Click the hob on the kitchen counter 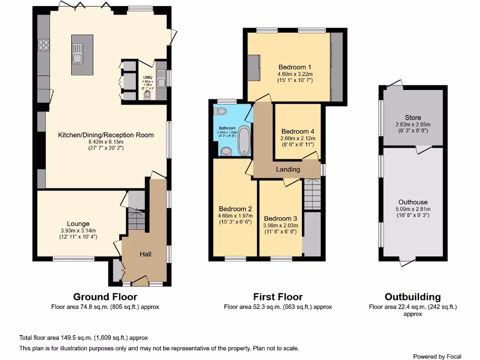click(x=44, y=45)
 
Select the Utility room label click(x=148, y=77)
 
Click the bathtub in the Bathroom click(x=244, y=140)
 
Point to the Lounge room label click(x=78, y=224)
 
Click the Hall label click(x=145, y=254)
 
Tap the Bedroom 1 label click(x=295, y=67)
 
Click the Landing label click(x=287, y=169)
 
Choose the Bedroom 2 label click(x=235, y=209)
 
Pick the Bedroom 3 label click(x=280, y=218)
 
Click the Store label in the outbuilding click(x=412, y=118)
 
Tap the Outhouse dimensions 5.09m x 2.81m click(x=412, y=209)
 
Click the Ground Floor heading click(x=105, y=297)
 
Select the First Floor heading click(x=277, y=297)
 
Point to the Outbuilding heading click(x=412, y=297)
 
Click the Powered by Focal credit click(x=437, y=356)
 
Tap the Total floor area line click(x=84, y=337)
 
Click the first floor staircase click(x=312, y=195)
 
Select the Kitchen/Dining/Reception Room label click(x=105, y=135)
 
